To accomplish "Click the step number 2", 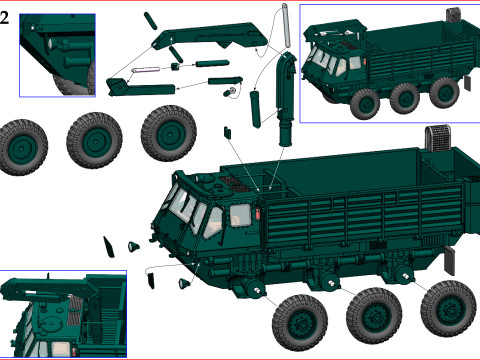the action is (x=4, y=18).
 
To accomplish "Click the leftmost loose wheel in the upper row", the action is (x=23, y=147).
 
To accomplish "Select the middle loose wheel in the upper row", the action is (x=94, y=140).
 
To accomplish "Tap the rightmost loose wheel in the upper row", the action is (x=169, y=133).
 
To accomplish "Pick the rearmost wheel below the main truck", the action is (x=448, y=309).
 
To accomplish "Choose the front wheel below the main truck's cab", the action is (x=300, y=323).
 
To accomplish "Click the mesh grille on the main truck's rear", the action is (x=438, y=139).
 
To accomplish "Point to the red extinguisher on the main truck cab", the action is (x=258, y=214).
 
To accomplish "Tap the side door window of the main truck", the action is (x=240, y=215).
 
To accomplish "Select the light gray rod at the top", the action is (x=286, y=25).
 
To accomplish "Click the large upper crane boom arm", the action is (x=210, y=36).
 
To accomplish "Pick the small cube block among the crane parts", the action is (x=176, y=66).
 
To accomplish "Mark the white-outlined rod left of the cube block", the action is (x=145, y=70).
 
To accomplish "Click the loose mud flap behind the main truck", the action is (x=450, y=261).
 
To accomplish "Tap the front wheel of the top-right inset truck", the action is (x=365, y=104).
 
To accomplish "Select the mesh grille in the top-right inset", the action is (x=454, y=15).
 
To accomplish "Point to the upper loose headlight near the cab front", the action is (x=134, y=247).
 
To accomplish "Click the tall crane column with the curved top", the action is (x=286, y=99).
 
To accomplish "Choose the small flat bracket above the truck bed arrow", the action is (x=227, y=132).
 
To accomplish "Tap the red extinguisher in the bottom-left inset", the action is (x=74, y=352).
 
